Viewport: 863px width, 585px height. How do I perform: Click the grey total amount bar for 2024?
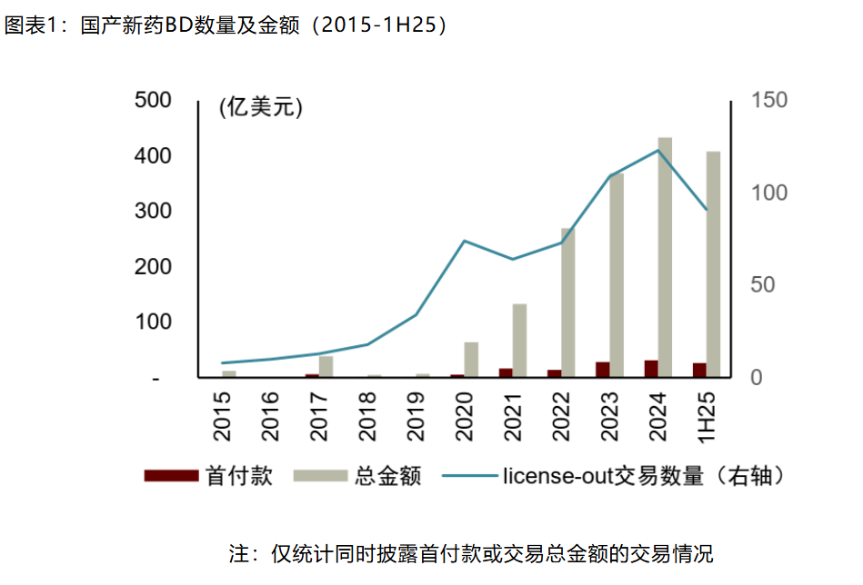[x=665, y=257]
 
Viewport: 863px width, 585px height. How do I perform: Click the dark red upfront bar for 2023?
[x=603, y=369]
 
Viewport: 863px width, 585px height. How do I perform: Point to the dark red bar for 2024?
[x=651, y=368]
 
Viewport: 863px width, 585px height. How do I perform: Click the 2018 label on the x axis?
[x=367, y=417]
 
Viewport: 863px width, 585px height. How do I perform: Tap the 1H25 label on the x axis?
[x=707, y=417]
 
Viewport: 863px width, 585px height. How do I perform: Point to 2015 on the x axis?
[x=222, y=417]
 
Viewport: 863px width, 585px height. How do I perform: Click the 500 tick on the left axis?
[x=152, y=100]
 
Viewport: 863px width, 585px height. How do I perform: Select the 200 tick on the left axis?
[x=152, y=267]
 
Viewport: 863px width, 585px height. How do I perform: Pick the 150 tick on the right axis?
[x=769, y=100]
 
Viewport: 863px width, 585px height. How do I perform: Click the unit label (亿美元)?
[x=260, y=107]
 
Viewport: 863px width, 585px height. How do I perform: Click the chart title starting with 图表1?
[x=226, y=25]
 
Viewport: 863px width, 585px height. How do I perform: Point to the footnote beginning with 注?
[x=470, y=553]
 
